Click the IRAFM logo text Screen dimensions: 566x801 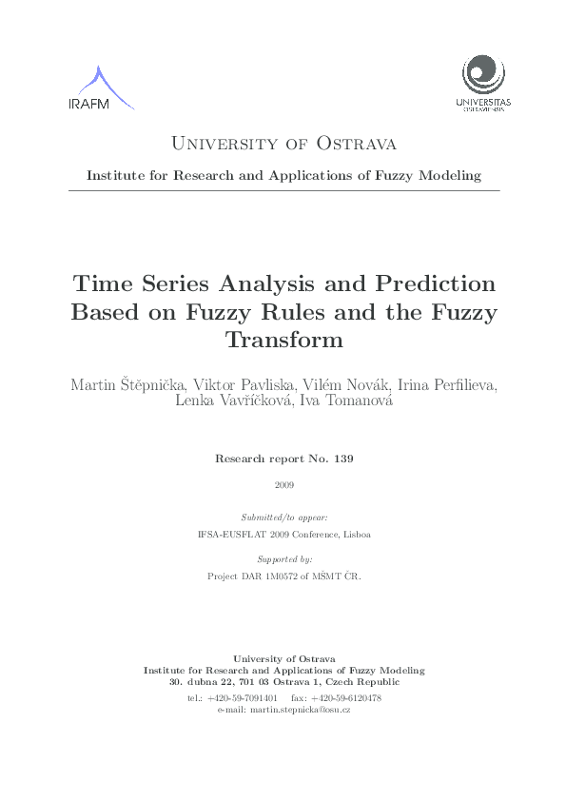[89, 104]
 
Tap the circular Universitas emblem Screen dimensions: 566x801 [483, 74]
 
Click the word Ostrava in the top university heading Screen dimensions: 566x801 [356, 144]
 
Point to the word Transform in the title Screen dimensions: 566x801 [283, 339]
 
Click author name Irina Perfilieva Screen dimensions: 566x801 [441, 385]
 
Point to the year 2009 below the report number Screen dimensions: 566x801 [283, 485]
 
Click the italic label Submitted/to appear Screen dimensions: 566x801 [283, 517]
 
